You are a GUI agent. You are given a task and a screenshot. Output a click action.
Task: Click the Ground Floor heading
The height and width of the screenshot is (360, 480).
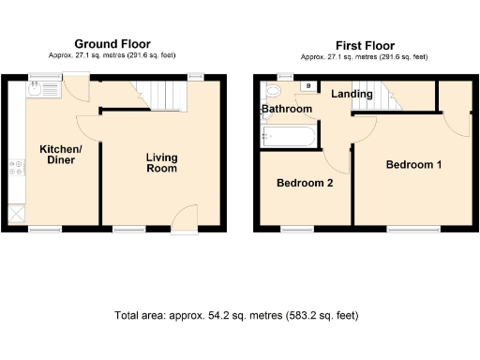112,44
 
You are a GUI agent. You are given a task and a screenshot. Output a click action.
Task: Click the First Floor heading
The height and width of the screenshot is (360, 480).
367,45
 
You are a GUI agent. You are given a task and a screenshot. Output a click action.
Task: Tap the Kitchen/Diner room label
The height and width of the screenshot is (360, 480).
60,155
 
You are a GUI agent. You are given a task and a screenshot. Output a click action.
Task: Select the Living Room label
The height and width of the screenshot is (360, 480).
161,163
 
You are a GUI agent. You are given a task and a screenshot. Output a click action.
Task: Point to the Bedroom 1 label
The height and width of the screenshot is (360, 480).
413,164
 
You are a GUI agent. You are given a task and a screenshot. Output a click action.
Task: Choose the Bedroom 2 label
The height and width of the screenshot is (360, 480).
305,184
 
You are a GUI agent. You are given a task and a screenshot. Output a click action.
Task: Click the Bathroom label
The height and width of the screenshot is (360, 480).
287,110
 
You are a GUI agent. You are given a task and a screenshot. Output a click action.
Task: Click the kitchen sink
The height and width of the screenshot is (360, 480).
35,90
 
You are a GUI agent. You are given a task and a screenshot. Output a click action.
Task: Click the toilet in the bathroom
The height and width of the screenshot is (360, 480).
273,92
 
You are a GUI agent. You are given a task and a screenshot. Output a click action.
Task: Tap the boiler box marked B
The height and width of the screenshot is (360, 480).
308,86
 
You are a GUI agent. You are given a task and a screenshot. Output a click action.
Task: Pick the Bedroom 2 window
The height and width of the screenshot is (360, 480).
298,228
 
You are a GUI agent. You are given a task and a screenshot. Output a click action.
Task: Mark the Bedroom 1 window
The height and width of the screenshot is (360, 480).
407,228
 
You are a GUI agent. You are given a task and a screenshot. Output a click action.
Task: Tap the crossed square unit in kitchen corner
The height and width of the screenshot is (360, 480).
16,212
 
